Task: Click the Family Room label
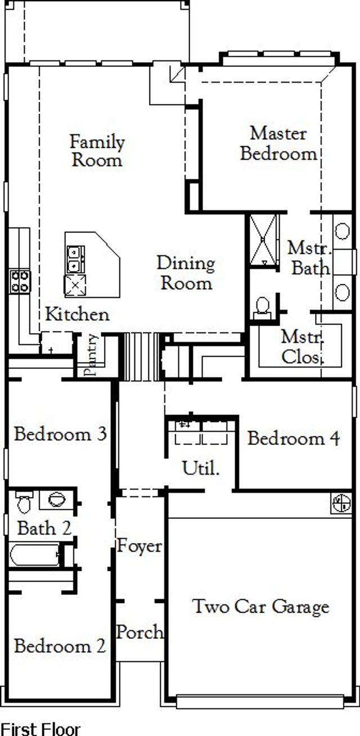click(97, 151)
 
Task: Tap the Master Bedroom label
click(278, 143)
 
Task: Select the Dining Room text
click(186, 273)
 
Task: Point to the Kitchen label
click(77, 314)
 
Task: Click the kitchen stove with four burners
click(20, 281)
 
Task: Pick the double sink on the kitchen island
click(75, 259)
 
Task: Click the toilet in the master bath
click(262, 306)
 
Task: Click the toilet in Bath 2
click(24, 502)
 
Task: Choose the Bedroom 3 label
click(60, 434)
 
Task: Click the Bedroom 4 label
click(293, 438)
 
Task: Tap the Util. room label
click(200, 467)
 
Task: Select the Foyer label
click(139, 545)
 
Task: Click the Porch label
click(140, 632)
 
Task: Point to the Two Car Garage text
click(260, 607)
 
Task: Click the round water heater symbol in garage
click(341, 503)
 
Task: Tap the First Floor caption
click(40, 729)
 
